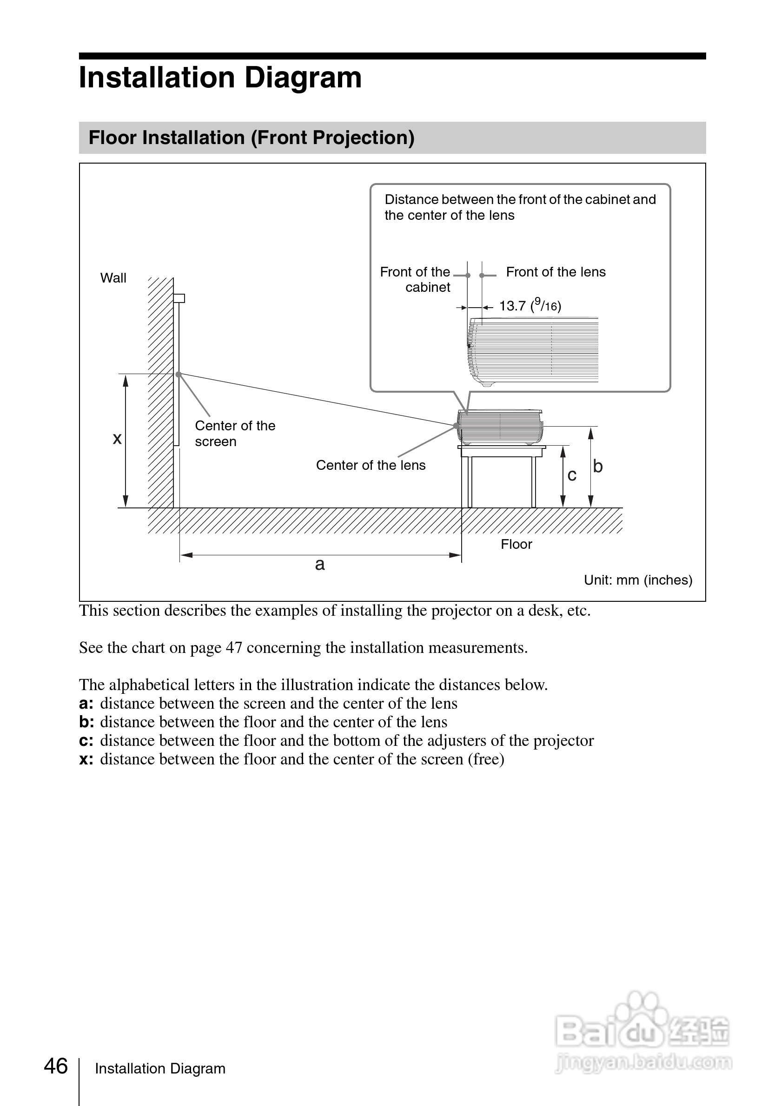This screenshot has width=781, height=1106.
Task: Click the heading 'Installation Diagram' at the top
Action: [220, 78]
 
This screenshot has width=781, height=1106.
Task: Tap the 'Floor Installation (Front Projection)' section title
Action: [251, 138]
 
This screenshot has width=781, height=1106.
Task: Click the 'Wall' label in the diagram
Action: [113, 278]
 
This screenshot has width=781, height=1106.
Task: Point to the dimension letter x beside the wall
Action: [117, 438]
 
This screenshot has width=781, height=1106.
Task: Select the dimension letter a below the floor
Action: [320, 564]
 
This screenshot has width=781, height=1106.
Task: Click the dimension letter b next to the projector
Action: [598, 466]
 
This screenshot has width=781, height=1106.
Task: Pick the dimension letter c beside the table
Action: [572, 475]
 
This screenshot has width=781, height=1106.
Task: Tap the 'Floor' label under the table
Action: [516, 544]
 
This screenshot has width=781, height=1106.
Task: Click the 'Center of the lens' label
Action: [371, 465]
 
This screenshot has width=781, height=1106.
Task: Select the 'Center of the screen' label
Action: [235, 433]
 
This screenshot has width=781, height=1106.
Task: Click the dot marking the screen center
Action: [178, 374]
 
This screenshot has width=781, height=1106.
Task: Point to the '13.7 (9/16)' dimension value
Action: [530, 305]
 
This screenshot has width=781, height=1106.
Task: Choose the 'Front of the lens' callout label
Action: [556, 272]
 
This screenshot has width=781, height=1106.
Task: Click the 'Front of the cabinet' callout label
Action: [415, 279]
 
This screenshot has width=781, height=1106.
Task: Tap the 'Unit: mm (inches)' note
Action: [638, 580]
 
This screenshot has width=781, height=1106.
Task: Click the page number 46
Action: [56, 1066]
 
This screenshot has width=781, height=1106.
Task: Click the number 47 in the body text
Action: [234, 647]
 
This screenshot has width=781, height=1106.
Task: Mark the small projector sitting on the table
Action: [500, 427]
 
